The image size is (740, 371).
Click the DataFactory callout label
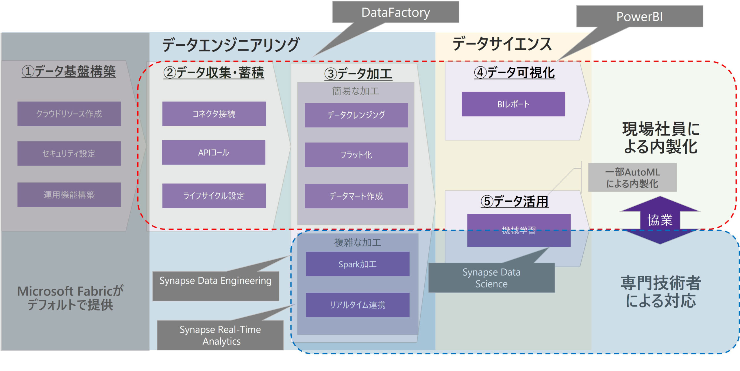(395, 12)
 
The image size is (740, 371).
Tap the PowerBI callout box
(639, 16)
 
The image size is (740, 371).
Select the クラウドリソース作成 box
(69, 114)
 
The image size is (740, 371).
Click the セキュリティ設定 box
(69, 153)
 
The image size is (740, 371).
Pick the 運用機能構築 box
(69, 195)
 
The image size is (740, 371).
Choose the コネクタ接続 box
(214, 114)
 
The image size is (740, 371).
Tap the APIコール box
(214, 153)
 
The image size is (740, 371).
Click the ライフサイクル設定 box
(214, 196)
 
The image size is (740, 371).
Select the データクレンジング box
(356, 115)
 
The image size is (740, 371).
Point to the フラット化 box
(356, 155)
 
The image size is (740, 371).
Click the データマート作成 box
(356, 196)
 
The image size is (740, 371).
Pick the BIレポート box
(513, 104)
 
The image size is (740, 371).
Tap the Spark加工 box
(358, 264)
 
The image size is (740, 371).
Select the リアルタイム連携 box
(358, 305)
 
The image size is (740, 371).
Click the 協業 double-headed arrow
(660, 220)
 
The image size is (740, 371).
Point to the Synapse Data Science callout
(491, 278)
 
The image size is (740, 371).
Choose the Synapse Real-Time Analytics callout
(220, 335)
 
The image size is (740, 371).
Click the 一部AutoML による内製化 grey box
(632, 177)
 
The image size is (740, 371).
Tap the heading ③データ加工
(358, 73)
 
